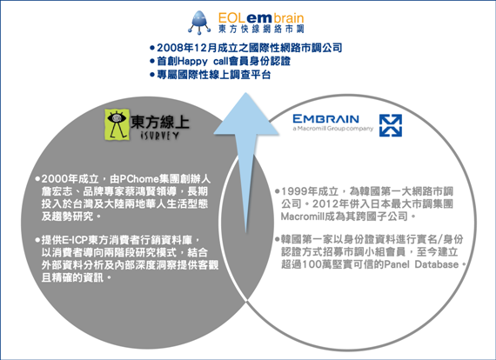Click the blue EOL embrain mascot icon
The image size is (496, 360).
(x=199, y=22)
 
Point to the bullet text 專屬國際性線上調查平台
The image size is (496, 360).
(x=214, y=75)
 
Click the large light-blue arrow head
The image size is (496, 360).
(x=246, y=114)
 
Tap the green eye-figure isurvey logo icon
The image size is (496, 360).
(x=117, y=124)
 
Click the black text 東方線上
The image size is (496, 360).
(x=160, y=122)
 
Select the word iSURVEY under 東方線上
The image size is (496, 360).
(x=159, y=136)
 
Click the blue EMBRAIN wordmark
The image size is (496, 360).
(x=325, y=119)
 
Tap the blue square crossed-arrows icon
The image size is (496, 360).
(x=391, y=125)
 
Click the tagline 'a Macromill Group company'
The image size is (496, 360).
(x=332, y=129)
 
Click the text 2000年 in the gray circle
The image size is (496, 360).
(x=60, y=179)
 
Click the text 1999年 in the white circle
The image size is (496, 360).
(x=299, y=191)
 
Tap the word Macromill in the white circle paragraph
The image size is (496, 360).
(x=301, y=217)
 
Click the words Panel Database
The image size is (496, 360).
(x=421, y=264)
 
